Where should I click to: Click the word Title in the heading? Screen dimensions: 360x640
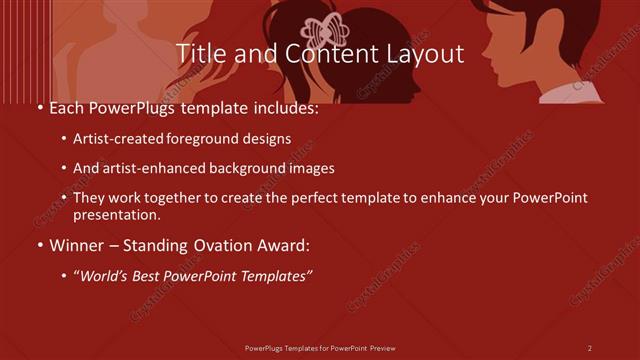click(x=198, y=54)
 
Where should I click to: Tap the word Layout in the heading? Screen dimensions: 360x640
click(x=424, y=54)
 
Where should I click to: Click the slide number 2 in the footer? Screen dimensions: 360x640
click(x=589, y=348)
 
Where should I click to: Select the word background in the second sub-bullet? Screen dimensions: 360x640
click(x=223, y=169)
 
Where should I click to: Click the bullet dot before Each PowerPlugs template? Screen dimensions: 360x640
click(x=38, y=108)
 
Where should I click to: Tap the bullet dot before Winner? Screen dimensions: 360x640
click(x=38, y=243)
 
